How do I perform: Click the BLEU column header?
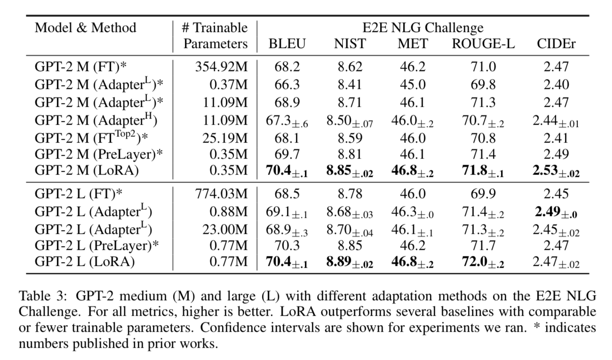pos(287,44)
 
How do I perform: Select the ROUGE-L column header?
pos(483,44)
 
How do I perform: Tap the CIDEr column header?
pos(556,44)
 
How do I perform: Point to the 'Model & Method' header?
pos(86,27)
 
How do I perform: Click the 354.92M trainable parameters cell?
pos(221,67)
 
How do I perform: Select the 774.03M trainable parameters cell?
pos(221,193)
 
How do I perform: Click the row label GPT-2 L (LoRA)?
pos(85,261)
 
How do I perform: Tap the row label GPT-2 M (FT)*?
pos(80,67)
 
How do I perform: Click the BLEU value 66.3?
pos(286,84)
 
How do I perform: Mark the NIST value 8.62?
pos(350,67)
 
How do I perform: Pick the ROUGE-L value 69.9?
pos(483,193)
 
